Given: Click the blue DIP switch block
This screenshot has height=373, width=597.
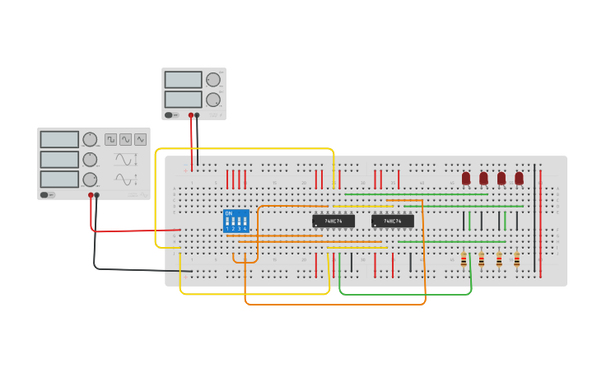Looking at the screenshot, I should pos(236,221).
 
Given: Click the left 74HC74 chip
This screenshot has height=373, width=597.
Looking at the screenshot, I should pos(333,221).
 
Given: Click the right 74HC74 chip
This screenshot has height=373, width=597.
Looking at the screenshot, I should pos(393,221).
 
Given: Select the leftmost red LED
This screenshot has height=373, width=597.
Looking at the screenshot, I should pos(466,178).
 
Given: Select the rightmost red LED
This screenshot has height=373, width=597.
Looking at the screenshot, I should pos(519,178).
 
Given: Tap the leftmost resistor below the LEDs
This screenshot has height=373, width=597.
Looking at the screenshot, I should pos(464,260).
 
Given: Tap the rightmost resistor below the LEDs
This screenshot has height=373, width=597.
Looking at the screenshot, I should pos(517,260).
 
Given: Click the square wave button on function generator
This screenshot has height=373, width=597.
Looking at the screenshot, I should pos(110,140).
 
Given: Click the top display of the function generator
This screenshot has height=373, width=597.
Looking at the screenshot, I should pos(59,140).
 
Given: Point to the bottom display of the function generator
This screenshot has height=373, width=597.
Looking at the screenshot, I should pos(59,179).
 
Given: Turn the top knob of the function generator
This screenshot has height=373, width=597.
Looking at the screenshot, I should pos(90,139).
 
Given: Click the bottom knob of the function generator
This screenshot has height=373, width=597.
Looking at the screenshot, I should pos(90,180).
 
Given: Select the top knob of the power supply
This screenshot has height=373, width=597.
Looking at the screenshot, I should pos(213,80).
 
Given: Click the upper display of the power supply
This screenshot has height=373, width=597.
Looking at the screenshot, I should pos(183,80).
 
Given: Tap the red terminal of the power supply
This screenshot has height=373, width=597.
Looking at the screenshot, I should pos(191,115).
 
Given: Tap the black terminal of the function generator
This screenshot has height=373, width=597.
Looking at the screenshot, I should pos(97,195).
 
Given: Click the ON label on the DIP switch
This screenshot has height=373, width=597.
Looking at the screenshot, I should pos(228,213).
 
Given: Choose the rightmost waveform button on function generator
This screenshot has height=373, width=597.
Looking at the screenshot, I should pos(140,140).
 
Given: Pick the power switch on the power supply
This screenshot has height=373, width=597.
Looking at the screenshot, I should pos(170,115).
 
